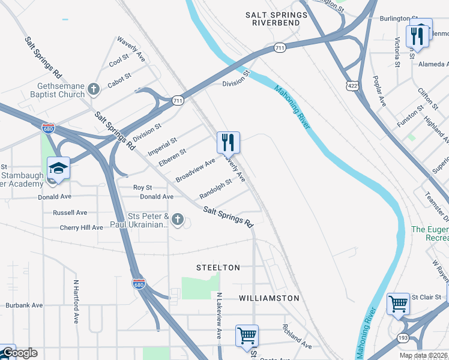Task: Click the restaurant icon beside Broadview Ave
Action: tap(228, 143)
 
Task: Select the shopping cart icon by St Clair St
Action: tap(398, 304)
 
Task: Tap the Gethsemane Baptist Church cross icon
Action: tap(93, 89)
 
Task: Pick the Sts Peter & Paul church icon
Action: tap(177, 220)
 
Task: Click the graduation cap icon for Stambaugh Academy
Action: tap(59, 169)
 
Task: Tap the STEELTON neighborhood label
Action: tap(218, 268)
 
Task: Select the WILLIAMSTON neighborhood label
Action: tap(269, 298)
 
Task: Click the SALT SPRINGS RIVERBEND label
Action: tap(276, 18)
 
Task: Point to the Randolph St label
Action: tap(215, 189)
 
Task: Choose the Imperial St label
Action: tap(164, 146)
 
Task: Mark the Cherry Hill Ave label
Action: tap(82, 228)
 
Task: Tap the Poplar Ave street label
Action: tap(379, 92)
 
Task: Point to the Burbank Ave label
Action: tap(25, 305)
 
